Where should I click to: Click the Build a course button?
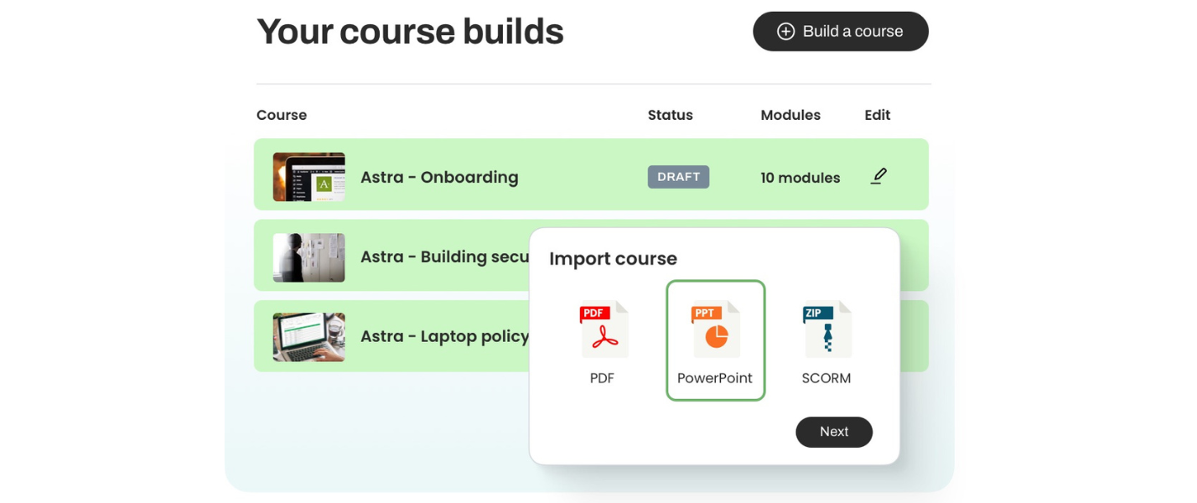pos(841,32)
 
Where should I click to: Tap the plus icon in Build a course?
pos(785,32)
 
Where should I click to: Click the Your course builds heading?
pos(410,32)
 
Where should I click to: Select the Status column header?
pos(670,115)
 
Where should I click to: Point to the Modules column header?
pos(790,115)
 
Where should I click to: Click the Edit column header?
pos(878,115)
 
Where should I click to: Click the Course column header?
pos(282,115)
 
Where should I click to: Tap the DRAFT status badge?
pos(679,177)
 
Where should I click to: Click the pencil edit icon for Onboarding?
pos(878,176)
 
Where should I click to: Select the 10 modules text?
pos(800,178)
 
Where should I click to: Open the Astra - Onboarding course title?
pos(439,177)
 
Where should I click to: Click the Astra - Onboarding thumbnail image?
pos(308,177)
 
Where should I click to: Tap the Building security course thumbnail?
pos(308,257)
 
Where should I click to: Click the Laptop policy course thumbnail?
pos(308,337)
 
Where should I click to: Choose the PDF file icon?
pos(604,329)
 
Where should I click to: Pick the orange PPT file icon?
pos(716,329)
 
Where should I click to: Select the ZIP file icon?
pos(826,329)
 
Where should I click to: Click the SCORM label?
pos(826,378)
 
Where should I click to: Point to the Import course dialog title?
pos(613,259)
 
